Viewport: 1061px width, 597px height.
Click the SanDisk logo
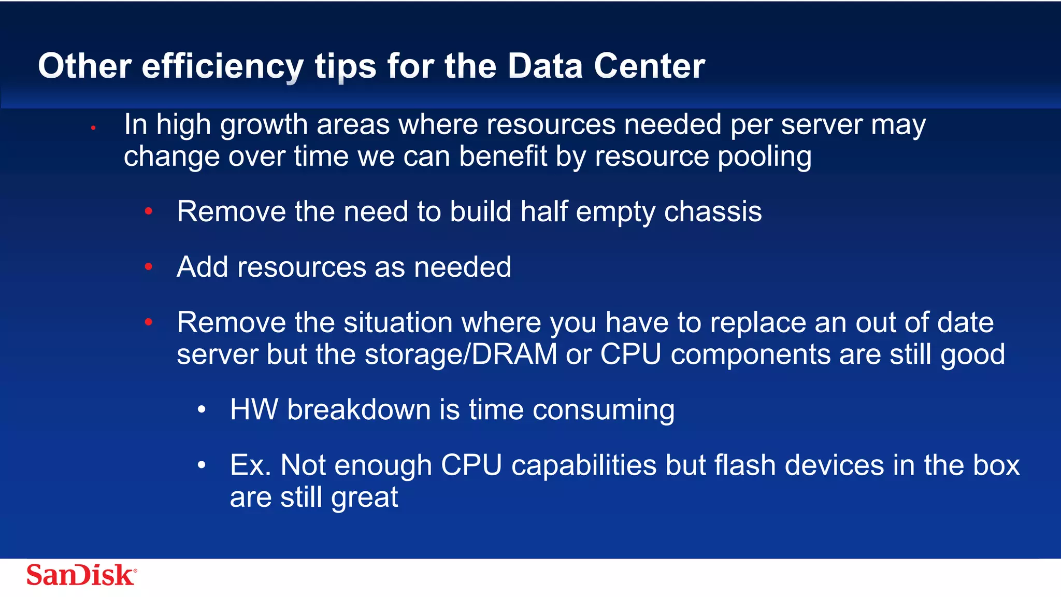tap(81, 575)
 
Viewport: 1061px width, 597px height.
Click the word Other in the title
tap(84, 66)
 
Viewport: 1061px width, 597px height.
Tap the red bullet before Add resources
tap(149, 267)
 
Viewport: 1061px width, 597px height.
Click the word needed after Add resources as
tap(462, 267)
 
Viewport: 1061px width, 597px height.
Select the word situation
tap(398, 323)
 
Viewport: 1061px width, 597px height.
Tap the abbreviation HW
tap(254, 410)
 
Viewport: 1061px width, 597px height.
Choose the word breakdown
tap(359, 410)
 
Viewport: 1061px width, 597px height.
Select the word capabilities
tap(584, 465)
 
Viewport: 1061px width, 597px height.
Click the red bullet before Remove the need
tap(149, 211)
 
